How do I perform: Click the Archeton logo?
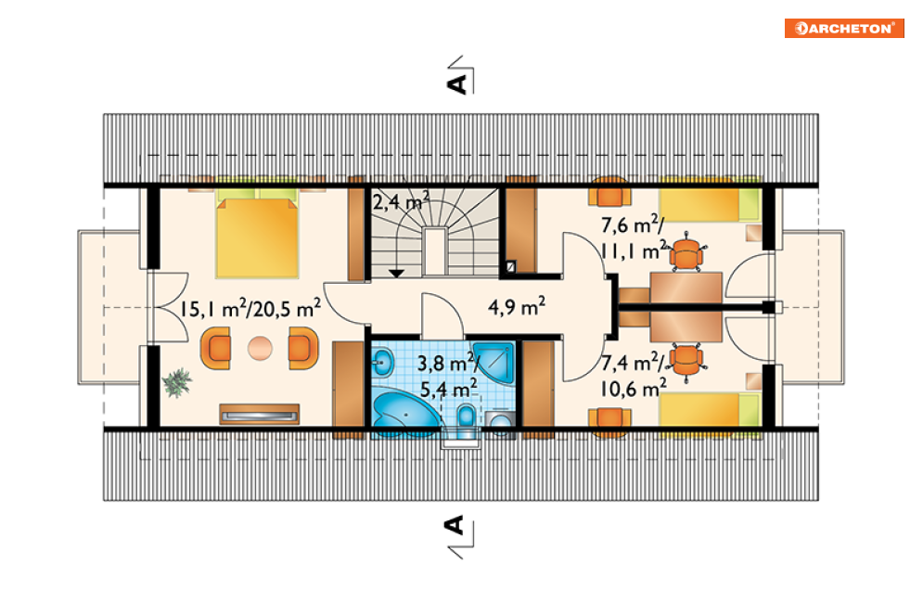pos(843,28)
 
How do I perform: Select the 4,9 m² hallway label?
pos(517,306)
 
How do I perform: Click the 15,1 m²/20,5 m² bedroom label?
pos(250,308)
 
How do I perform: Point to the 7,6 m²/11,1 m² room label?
pos(634,238)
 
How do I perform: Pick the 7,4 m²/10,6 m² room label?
pos(634,376)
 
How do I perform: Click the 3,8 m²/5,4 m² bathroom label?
pos(447,376)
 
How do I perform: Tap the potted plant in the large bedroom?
pos(177,383)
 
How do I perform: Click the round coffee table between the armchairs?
pos(260,349)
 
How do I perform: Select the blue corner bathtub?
pos(406,412)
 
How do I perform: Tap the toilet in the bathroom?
pos(467,419)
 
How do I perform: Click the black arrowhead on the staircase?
pos(396,274)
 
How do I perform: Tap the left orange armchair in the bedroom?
pos(215,349)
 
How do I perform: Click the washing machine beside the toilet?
pos(500,423)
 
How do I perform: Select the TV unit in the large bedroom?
pos(259,415)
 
